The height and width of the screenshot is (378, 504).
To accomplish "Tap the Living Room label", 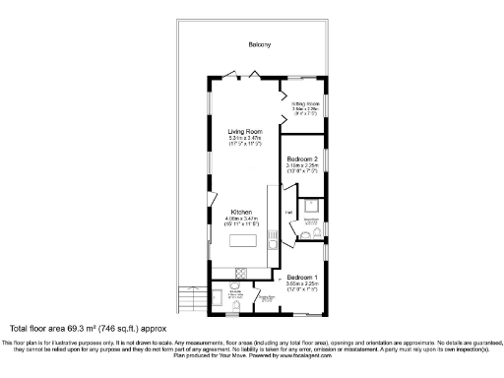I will (244, 131).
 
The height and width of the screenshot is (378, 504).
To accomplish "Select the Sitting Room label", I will (307, 103).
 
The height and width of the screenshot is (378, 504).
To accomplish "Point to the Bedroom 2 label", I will (302, 158).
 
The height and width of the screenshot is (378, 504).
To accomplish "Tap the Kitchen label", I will (244, 212).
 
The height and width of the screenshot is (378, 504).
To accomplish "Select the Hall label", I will (289, 212).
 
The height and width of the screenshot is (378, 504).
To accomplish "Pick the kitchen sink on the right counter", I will (272, 246).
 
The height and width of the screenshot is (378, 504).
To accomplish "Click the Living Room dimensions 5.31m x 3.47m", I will (244, 139).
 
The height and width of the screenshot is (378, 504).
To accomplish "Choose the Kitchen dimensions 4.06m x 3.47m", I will (244, 219).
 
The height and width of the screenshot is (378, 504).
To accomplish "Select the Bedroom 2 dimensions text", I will (302, 166).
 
